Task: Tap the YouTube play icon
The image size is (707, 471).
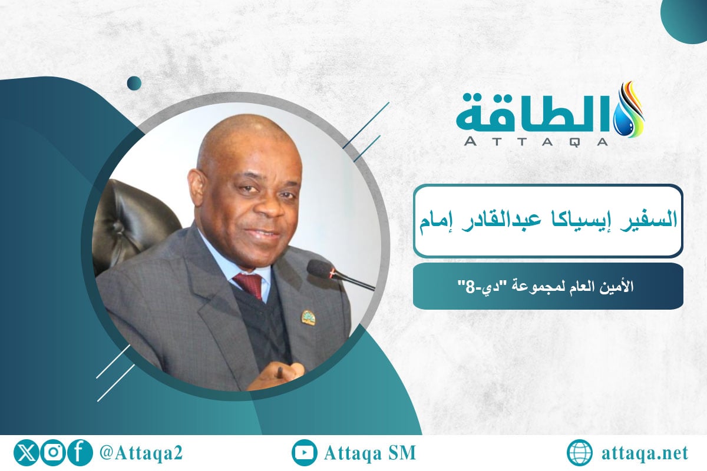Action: [x=305, y=453]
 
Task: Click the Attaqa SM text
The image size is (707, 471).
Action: [x=370, y=453]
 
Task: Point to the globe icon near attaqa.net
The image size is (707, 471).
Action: [x=580, y=453]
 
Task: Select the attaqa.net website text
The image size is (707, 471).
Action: [x=646, y=453]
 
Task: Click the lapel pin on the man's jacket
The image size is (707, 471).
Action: [x=308, y=317]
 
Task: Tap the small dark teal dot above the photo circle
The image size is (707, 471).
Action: [x=134, y=83]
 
